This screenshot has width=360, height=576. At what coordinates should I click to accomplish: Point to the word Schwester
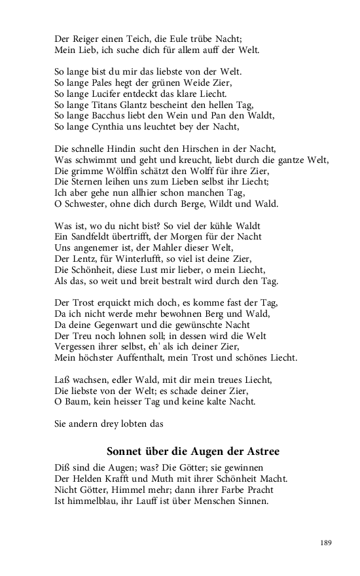pos(87,204)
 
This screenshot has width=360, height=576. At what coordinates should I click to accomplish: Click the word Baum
pos(77,401)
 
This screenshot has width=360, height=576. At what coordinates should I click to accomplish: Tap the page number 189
pos(326,543)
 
